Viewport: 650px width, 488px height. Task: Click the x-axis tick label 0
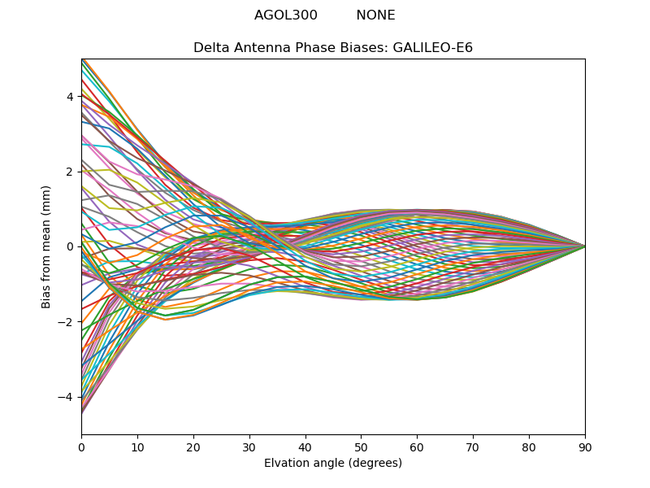81,447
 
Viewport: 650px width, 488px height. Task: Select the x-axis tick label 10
137,447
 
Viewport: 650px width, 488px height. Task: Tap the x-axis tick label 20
193,447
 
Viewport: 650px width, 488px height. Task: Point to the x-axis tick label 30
249,447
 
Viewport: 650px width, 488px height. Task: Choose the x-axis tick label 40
305,447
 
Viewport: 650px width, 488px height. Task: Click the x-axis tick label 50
362,447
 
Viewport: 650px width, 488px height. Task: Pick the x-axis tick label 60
417,447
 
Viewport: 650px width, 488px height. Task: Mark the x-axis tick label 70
473,447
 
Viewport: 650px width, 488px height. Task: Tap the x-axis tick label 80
529,447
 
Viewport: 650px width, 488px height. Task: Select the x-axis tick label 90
585,447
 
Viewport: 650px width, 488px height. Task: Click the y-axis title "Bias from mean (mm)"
47,246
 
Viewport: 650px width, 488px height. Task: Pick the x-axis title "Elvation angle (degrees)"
333,463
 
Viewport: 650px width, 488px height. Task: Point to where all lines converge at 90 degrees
585,246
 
